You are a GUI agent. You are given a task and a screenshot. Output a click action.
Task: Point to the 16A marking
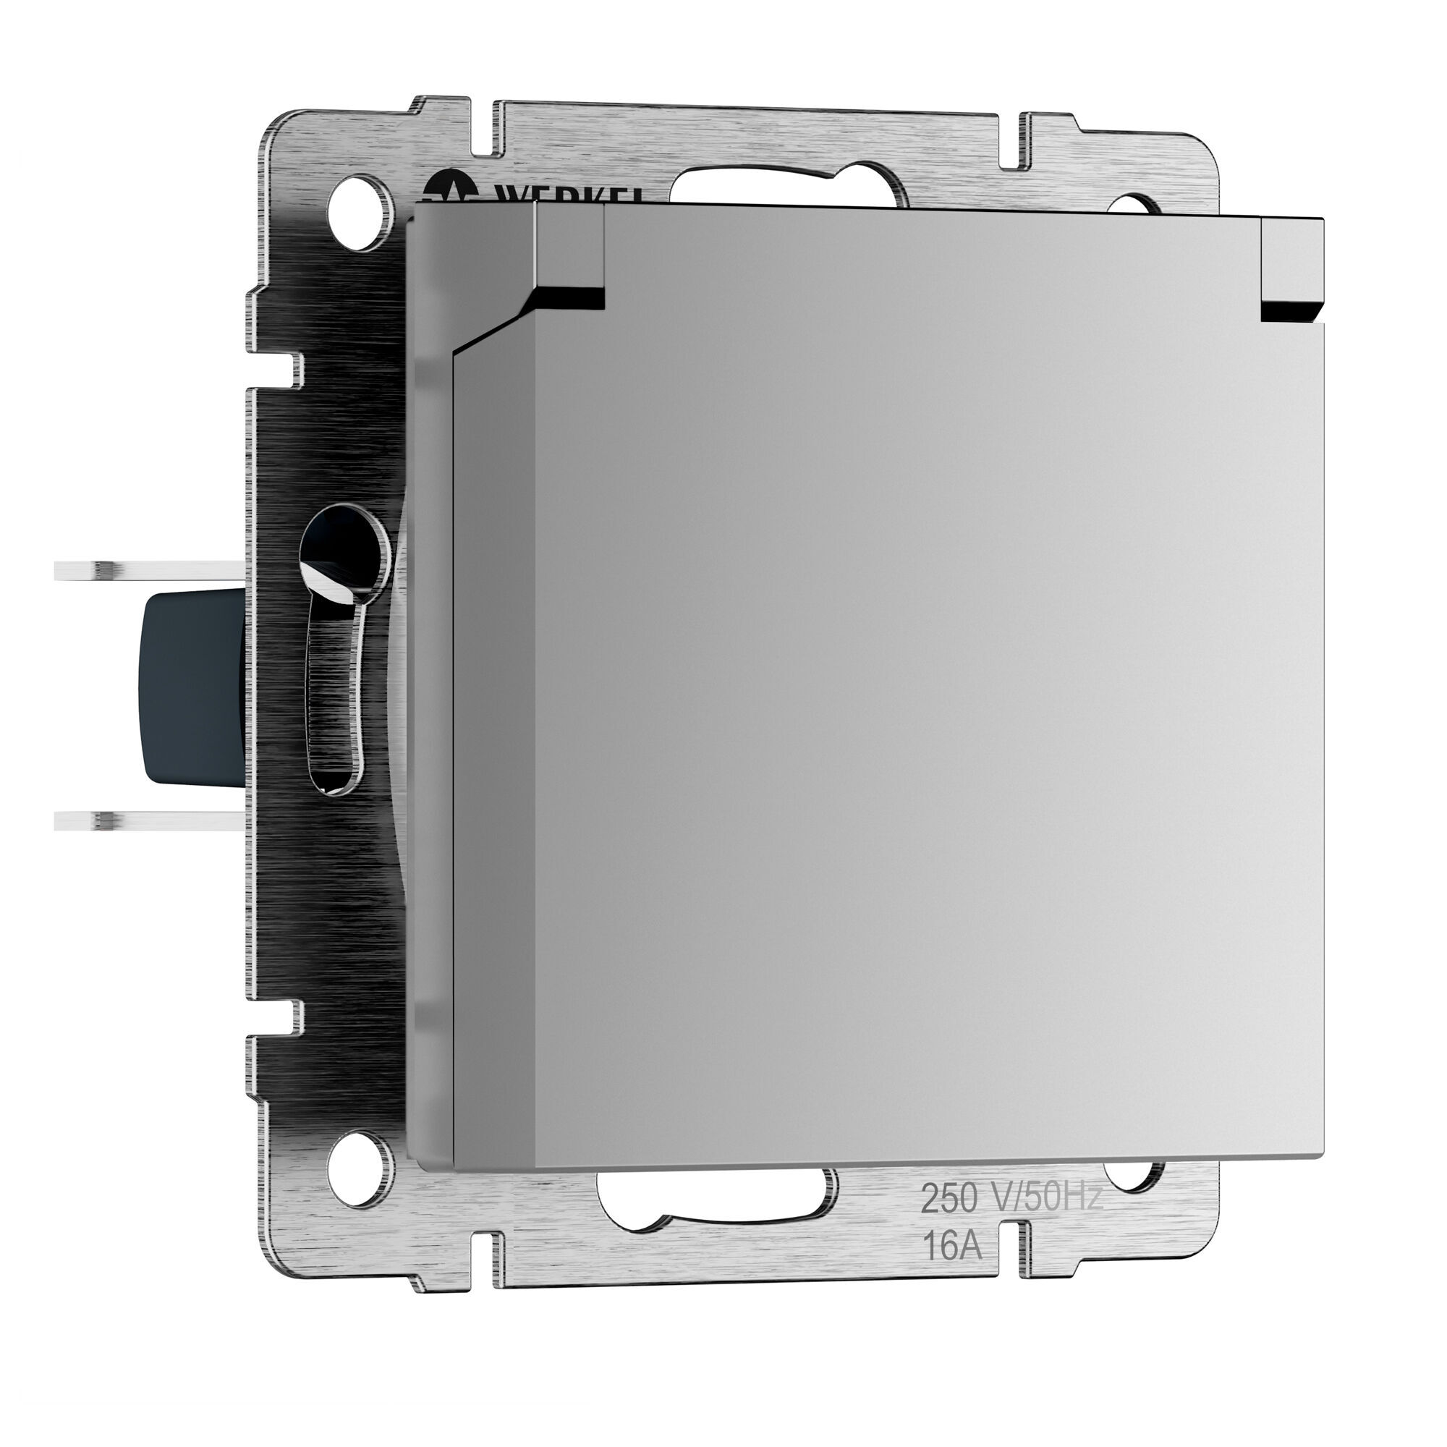951,1249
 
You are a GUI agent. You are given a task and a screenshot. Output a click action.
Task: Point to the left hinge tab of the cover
569,255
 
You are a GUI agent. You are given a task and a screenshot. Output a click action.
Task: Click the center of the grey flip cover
884,689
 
